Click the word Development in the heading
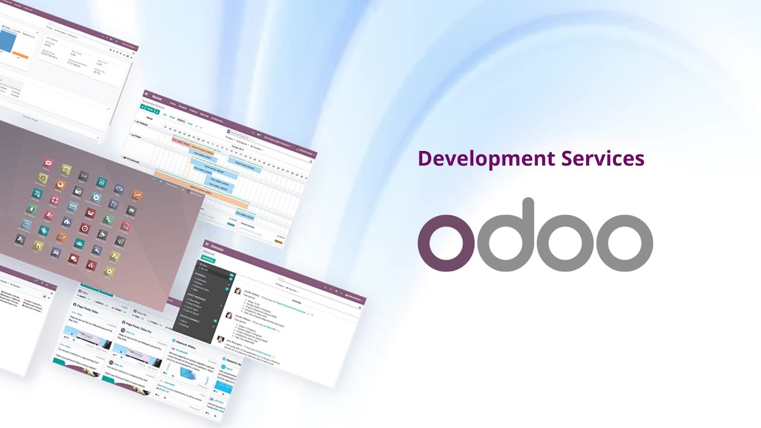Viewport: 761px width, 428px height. (x=486, y=159)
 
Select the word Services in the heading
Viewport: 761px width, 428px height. (x=603, y=159)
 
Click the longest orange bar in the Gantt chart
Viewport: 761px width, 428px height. (x=197, y=190)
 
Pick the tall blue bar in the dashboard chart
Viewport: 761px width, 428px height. (x=7, y=42)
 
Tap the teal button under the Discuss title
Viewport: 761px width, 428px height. (x=209, y=260)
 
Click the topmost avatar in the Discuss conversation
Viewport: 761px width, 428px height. (x=238, y=291)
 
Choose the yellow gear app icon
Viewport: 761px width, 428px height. (x=109, y=272)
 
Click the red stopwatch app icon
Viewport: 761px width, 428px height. (x=84, y=227)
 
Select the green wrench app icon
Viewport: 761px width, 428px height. (x=107, y=220)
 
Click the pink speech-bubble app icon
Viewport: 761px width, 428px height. (x=74, y=258)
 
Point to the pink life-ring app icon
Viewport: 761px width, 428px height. (x=55, y=200)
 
